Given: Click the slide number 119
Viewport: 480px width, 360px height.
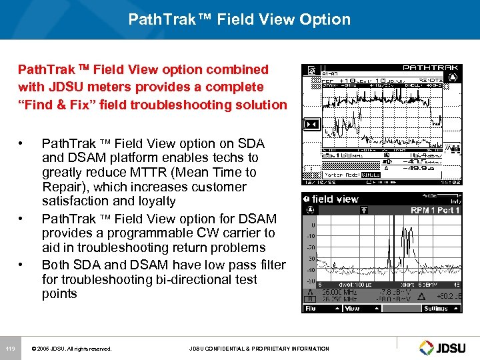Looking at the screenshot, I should (10, 349).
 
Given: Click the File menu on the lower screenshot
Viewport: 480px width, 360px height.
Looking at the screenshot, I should (311, 309).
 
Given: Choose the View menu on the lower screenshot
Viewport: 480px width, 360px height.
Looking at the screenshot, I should (352, 309).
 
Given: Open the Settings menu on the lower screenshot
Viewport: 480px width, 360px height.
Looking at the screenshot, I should (436, 309).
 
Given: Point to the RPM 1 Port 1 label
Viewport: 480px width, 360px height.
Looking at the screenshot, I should (435, 211).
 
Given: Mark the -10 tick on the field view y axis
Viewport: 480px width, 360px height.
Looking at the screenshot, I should (311, 236).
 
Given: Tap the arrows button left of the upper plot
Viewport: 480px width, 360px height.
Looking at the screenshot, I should (309, 125).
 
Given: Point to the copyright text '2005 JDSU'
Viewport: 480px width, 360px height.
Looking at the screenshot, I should (53, 349).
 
